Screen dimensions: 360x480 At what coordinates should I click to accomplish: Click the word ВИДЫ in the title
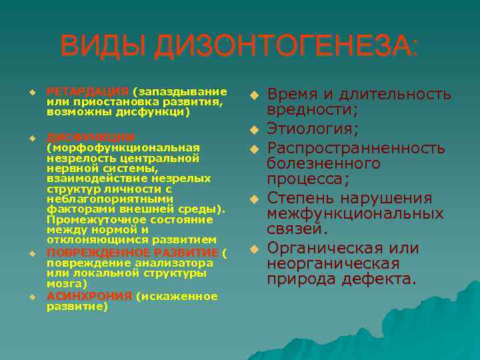(103, 47)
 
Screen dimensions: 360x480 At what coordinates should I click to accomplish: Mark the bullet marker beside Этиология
(253, 128)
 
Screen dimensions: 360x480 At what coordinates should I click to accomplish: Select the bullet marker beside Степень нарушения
(253, 199)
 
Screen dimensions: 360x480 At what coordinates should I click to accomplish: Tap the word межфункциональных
(355, 214)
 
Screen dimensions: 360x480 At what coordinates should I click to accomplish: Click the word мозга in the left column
(63, 283)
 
